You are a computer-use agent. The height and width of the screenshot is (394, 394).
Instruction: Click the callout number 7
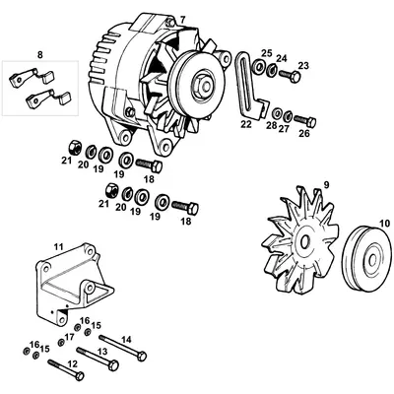(x=181, y=21)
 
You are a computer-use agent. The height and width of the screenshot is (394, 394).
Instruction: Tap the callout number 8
(x=39, y=52)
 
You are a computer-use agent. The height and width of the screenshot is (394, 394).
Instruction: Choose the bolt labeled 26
(x=299, y=115)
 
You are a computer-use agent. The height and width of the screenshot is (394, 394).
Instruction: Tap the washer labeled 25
(x=258, y=69)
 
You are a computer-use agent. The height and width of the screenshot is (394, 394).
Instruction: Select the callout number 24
(x=280, y=57)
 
